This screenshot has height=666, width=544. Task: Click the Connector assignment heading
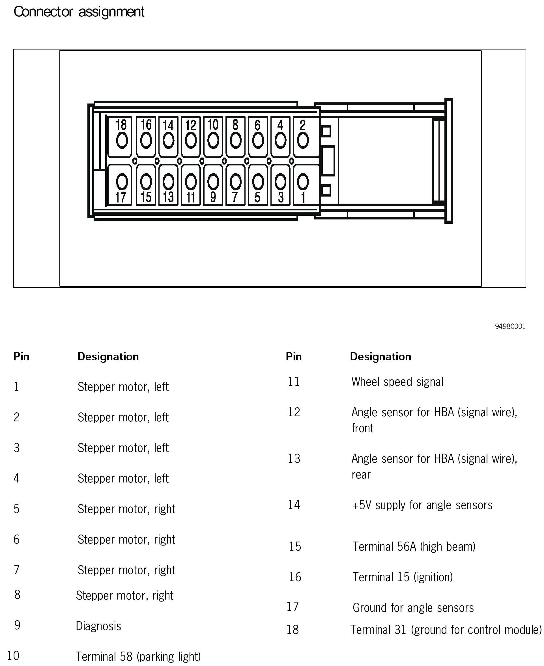[x=79, y=12]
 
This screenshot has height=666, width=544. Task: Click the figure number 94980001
[x=510, y=326]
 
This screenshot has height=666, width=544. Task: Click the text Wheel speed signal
[x=397, y=382]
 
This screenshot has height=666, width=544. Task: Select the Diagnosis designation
[x=98, y=626]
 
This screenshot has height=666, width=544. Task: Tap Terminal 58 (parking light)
[x=138, y=656]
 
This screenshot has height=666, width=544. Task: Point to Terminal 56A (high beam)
[x=414, y=546]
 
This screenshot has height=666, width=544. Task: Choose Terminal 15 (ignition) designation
[x=403, y=577]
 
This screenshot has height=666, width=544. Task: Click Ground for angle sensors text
[x=413, y=607]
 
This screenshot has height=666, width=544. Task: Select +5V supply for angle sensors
[x=422, y=505]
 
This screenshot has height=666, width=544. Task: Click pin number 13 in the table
[x=294, y=459]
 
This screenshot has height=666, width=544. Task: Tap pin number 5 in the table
[x=17, y=509]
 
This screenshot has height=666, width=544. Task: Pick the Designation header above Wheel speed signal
[x=380, y=357]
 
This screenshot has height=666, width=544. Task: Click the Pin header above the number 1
[x=21, y=357]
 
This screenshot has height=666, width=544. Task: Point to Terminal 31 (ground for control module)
[x=446, y=630]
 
